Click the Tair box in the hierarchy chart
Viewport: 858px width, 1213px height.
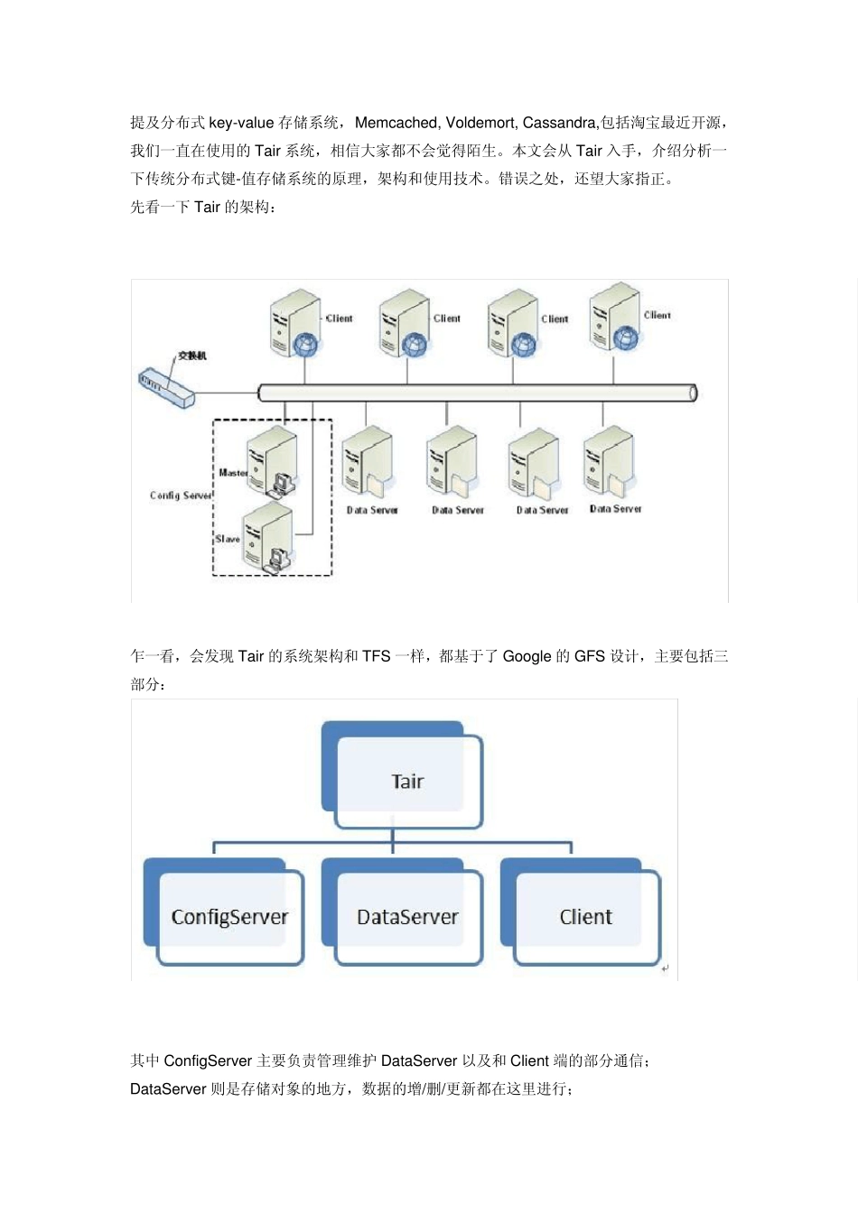pyautogui.click(x=407, y=781)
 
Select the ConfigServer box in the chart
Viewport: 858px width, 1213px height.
pyautogui.click(x=229, y=916)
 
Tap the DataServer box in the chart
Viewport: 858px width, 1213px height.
pyautogui.click(x=407, y=916)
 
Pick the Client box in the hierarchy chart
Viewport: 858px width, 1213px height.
pyautogui.click(x=585, y=916)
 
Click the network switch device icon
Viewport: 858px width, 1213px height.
pyautogui.click(x=166, y=387)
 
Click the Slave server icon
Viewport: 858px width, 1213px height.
pyautogui.click(x=268, y=538)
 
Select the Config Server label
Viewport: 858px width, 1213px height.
pyautogui.click(x=181, y=495)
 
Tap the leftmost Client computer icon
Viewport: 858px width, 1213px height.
pyautogui.click(x=294, y=322)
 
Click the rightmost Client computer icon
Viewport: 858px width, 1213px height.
pyautogui.click(x=614, y=317)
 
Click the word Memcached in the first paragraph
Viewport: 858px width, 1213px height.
pyautogui.click(x=396, y=123)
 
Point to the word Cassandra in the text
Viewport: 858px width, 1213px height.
pyautogui.click(x=559, y=123)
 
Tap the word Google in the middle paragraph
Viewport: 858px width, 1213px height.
pyautogui.click(x=527, y=656)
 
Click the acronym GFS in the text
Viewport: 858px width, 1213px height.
pyautogui.click(x=589, y=656)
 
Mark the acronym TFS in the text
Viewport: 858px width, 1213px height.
pyautogui.click(x=376, y=656)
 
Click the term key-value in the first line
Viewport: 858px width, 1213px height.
pyautogui.click(x=241, y=123)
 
